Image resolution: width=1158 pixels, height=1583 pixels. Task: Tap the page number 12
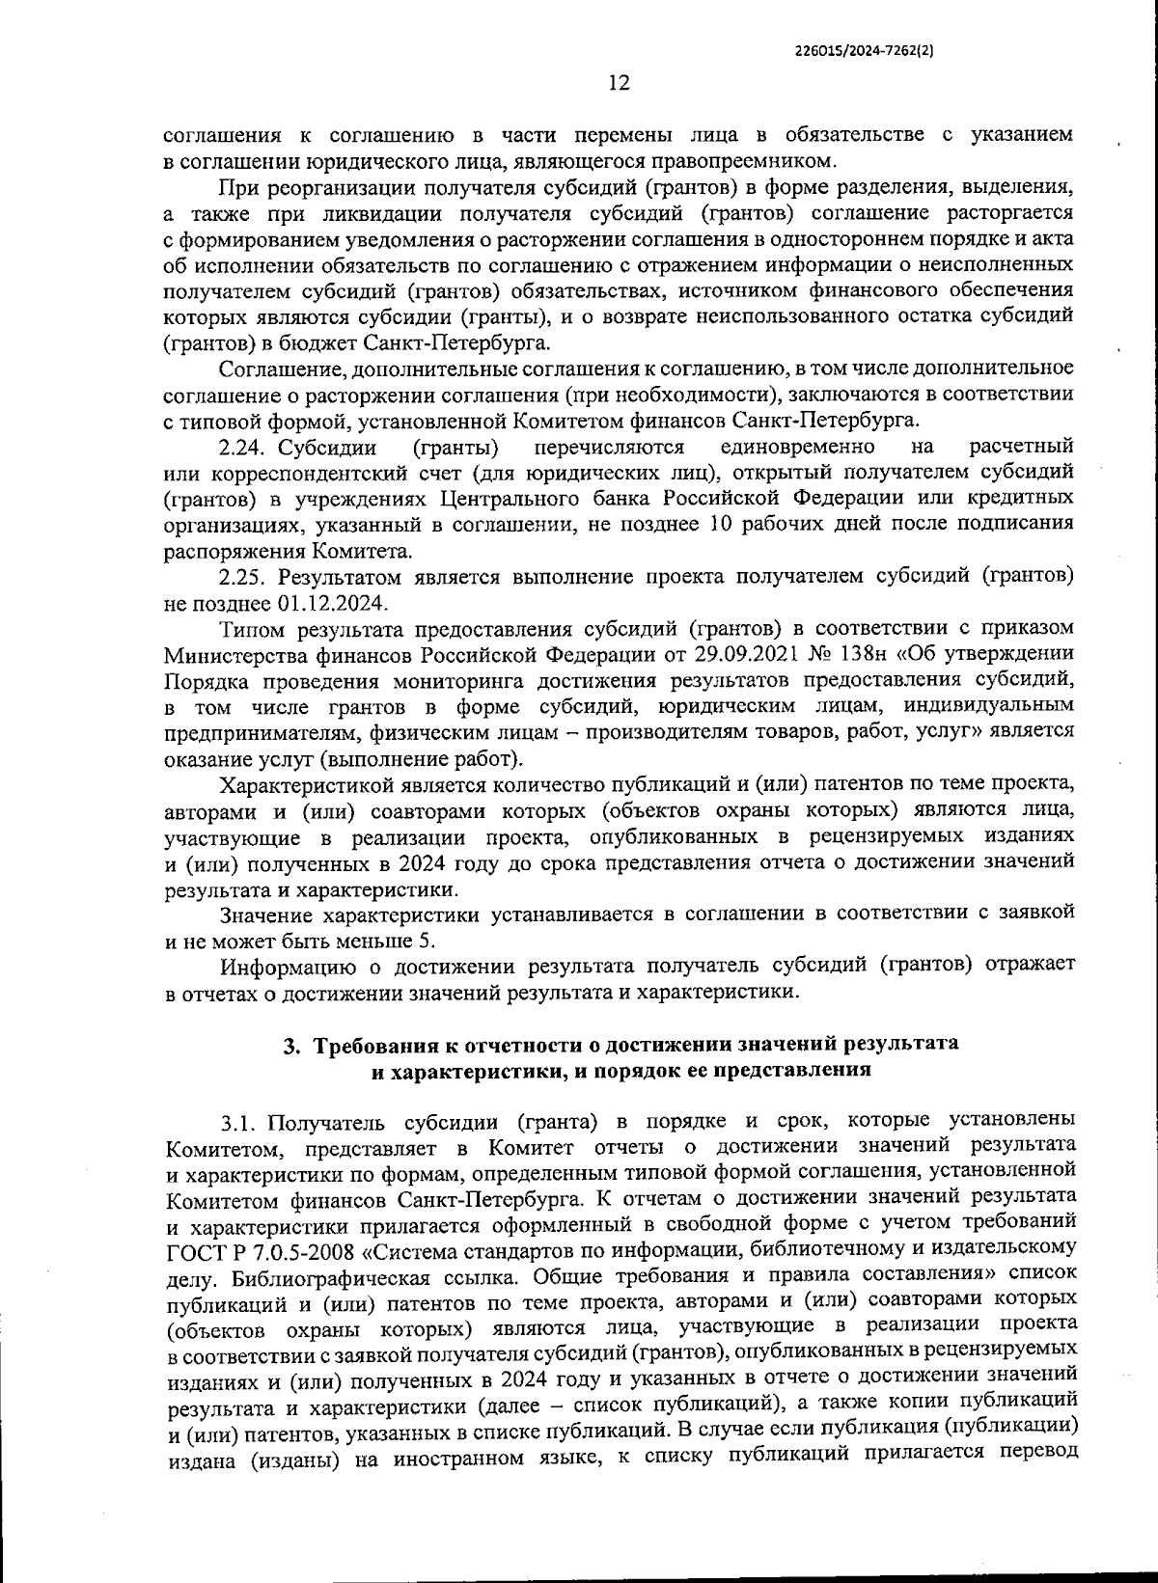pyautogui.click(x=619, y=84)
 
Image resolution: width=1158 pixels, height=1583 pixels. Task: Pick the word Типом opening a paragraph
pyautogui.click(x=251, y=629)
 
